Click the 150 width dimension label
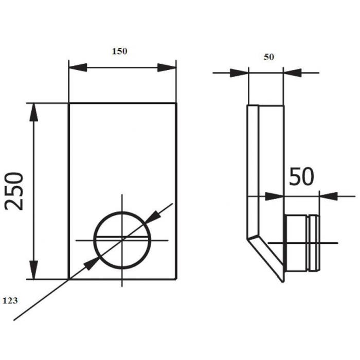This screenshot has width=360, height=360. [x=119, y=51]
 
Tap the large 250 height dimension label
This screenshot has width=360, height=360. [x=14, y=191]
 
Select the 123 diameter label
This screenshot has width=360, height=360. [x=10, y=300]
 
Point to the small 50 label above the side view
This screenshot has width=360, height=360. [x=268, y=57]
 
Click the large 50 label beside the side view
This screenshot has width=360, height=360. [x=301, y=176]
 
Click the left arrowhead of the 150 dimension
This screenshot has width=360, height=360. [x=78, y=67]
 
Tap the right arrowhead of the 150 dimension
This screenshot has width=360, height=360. [x=167, y=67]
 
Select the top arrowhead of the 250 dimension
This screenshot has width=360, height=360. [x=34, y=112]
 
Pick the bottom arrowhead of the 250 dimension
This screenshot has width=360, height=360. [x=34, y=270]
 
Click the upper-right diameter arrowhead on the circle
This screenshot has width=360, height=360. [x=152, y=217]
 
